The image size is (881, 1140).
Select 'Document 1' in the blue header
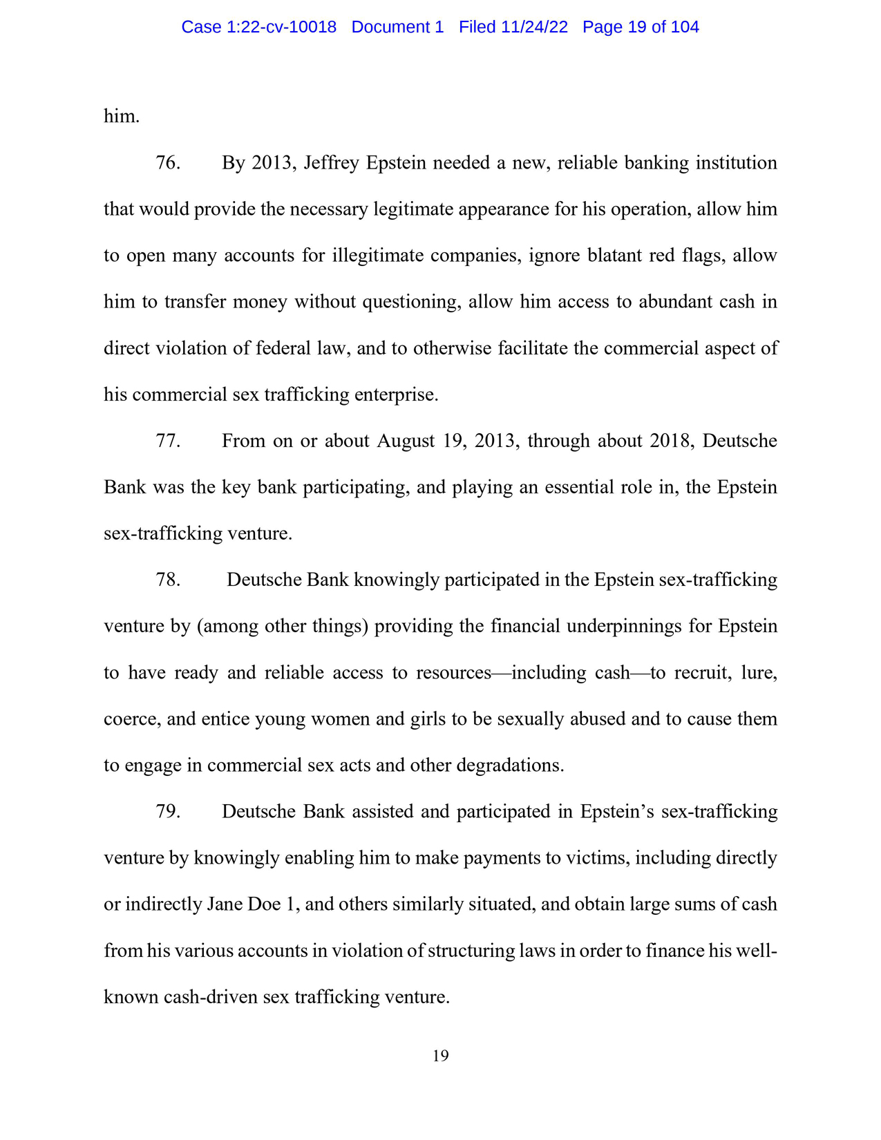coord(397,27)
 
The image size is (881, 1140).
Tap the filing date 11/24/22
coord(533,27)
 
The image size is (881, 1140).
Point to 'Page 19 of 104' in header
coord(641,27)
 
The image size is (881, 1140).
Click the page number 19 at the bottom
coord(440,1056)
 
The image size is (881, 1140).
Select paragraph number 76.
coord(168,163)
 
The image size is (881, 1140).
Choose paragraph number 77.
coord(168,441)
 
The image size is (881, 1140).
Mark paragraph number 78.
coord(168,580)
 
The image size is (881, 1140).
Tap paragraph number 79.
coord(168,811)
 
